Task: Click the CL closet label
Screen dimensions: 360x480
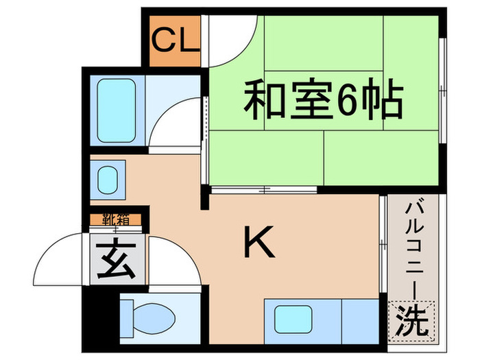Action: pyautogui.click(x=176, y=41)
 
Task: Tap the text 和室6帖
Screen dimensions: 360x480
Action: pyautogui.click(x=322, y=103)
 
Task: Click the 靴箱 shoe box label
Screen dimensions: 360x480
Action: pyautogui.click(x=117, y=220)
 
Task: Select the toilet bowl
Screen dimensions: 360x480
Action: pyautogui.click(x=155, y=317)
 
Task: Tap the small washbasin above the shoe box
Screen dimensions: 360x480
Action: pyautogui.click(x=108, y=180)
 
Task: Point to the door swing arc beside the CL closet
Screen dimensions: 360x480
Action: pyautogui.click(x=233, y=43)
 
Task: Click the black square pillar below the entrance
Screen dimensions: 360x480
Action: pyautogui.click(x=100, y=315)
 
